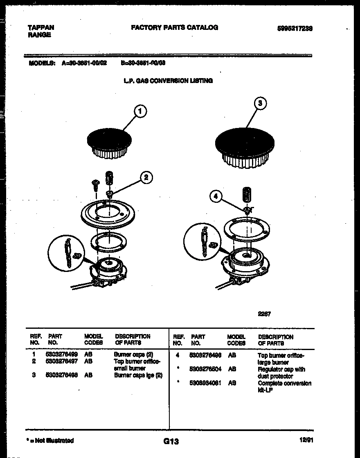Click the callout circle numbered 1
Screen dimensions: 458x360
(x=140, y=111)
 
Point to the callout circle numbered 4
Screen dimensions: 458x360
(x=216, y=197)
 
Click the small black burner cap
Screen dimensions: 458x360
(x=109, y=141)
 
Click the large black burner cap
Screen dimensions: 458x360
(x=243, y=141)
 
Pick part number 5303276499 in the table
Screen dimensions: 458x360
(x=61, y=355)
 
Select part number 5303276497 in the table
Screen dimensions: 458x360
(x=61, y=361)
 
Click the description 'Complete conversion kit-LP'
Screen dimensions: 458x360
(x=284, y=386)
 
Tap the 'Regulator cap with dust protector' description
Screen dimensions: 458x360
(x=281, y=373)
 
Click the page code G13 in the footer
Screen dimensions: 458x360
(x=171, y=441)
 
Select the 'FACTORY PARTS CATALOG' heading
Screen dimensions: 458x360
(x=174, y=27)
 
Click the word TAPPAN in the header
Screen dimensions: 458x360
(x=41, y=27)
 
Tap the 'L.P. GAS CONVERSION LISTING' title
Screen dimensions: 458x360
(x=168, y=81)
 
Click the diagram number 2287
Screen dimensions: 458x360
(x=264, y=314)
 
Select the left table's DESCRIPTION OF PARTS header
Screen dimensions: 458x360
(x=133, y=339)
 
